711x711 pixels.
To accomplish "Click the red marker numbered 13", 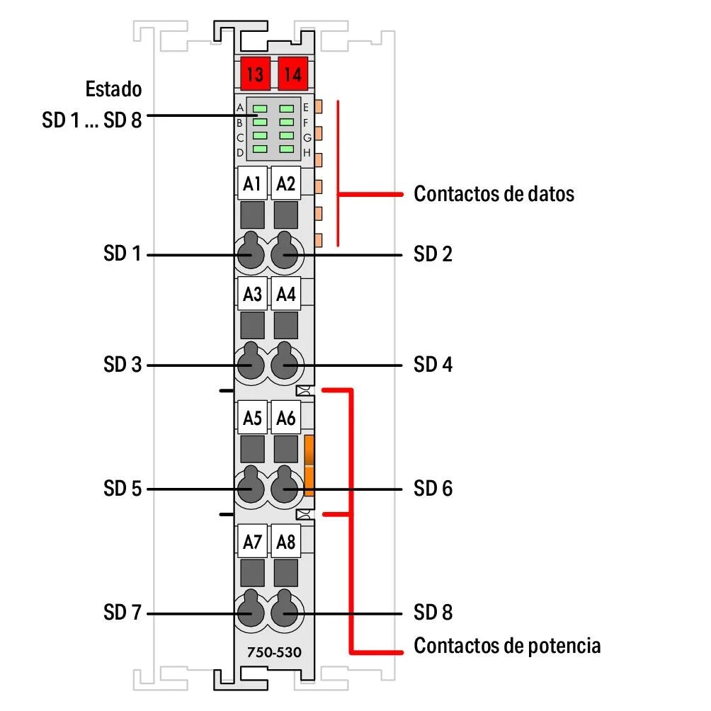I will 254,72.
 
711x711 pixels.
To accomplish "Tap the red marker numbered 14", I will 292,72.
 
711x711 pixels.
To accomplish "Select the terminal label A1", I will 252,185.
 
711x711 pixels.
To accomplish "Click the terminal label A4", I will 286,295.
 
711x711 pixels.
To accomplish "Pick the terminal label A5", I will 252,419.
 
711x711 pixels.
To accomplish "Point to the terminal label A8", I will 286,542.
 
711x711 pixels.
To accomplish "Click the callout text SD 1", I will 123,254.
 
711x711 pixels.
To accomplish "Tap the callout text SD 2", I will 433,254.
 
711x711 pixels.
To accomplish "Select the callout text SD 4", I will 433,365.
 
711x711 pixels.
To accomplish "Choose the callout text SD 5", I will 123,489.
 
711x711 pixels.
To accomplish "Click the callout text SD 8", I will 433,613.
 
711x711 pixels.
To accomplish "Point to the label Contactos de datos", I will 494,193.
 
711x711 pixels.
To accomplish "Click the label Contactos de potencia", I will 507,646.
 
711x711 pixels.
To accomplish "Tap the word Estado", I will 113,90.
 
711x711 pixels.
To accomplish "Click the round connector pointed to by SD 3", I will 249,365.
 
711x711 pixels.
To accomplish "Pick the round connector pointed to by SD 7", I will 249,613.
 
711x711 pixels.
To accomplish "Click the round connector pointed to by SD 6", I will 286,489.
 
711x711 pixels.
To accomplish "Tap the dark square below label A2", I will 286,214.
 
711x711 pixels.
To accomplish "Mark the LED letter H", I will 307,152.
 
